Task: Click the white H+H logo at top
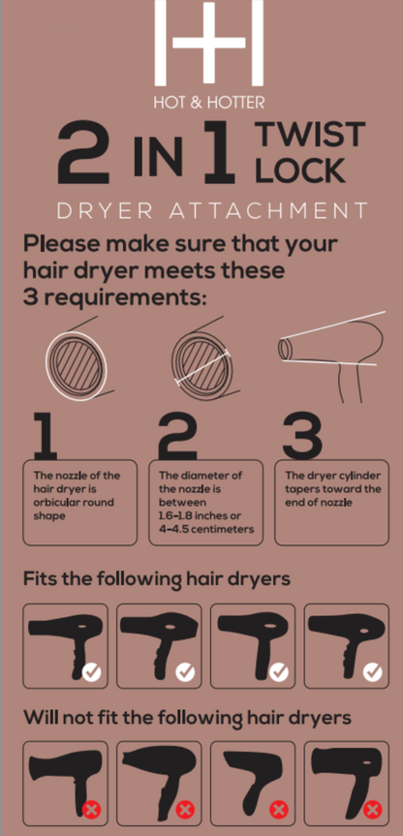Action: coord(209,43)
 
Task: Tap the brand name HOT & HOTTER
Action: coord(209,102)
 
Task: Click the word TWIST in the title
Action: coord(311,135)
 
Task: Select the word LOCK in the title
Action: coord(300,170)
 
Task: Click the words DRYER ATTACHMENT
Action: coord(211,210)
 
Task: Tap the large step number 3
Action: coord(302,436)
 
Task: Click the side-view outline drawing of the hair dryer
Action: coord(331,356)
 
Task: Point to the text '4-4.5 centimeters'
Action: coord(205,530)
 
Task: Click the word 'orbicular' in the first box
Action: coord(55,502)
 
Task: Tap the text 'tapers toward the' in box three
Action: coord(333,489)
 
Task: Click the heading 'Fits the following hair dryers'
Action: coord(157,579)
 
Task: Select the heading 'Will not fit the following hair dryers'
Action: coord(187,717)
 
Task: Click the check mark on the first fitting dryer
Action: coord(92,672)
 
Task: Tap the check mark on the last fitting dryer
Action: coord(373,672)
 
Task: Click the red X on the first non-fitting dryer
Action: coord(92,811)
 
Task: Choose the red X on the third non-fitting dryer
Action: coord(279,811)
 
